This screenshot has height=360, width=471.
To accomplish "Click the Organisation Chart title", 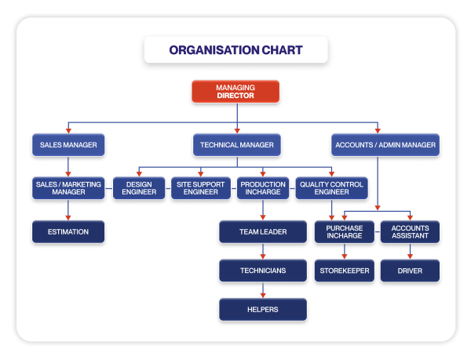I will (235, 50).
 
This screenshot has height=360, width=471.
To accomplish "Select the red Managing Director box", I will (235, 91).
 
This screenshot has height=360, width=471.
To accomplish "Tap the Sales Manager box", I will (68, 145).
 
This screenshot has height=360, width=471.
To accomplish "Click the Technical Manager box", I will (236, 145).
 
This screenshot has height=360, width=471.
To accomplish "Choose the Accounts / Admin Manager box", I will (386, 145).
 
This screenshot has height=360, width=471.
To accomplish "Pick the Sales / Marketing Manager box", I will (68, 188).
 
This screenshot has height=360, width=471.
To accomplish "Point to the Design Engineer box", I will (139, 188).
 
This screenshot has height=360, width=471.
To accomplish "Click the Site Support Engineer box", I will (201, 188).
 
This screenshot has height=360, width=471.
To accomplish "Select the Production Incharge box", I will (263, 188).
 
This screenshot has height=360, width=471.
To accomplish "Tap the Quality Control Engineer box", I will (331, 188).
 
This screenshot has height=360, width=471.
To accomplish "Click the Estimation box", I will (68, 231).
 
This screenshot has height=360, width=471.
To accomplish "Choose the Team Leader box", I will (263, 231).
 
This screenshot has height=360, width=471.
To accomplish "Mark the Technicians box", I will (263, 271).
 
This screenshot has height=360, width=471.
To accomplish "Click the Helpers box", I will (263, 309).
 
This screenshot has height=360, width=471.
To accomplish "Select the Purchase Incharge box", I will (344, 231).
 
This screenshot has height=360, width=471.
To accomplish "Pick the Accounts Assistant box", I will (410, 231).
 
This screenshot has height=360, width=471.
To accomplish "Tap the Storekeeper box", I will (344, 271).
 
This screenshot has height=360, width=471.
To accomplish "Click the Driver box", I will (410, 271).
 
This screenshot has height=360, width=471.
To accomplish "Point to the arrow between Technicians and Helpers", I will (263, 290).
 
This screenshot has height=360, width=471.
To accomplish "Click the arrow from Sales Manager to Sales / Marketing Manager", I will (68, 166).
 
